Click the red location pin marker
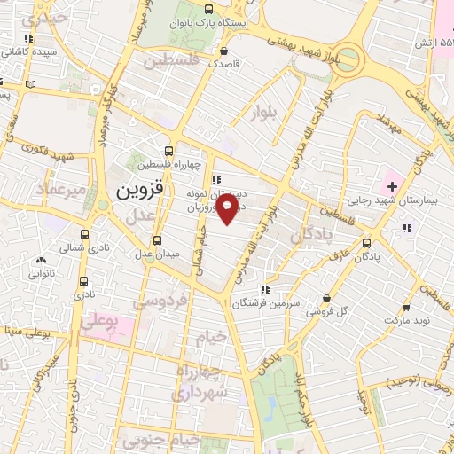click(228, 207)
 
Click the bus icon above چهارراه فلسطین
click(169, 150)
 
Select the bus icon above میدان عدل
click(157, 240)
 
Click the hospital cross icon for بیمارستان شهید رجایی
click(392, 186)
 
